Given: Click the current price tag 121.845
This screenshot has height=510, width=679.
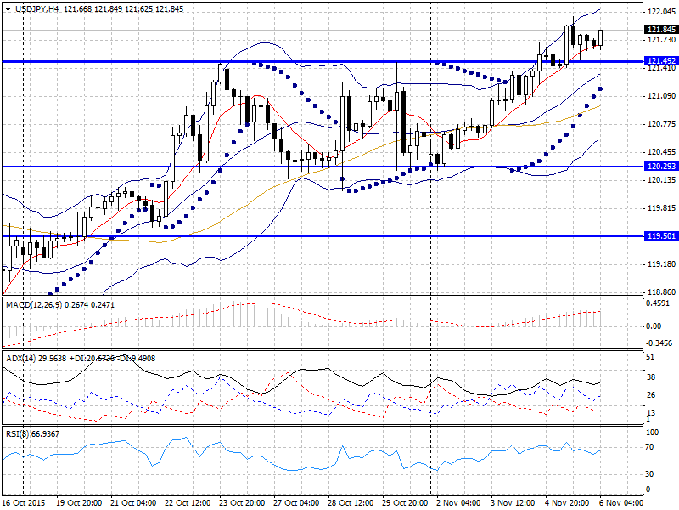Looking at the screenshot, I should (x=660, y=28).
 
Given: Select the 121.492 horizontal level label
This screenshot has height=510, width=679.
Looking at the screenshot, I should (x=660, y=61).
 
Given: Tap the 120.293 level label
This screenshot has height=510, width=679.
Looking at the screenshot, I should (x=660, y=167).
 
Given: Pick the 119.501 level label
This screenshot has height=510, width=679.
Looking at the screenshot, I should (x=660, y=236).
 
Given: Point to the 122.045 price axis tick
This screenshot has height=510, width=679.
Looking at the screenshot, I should (x=660, y=12).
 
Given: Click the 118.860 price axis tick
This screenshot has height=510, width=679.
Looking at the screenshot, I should (x=660, y=291).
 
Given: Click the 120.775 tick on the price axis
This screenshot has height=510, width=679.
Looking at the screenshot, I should (x=660, y=124).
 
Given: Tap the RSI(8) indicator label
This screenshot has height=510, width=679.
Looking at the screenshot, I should (x=17, y=434).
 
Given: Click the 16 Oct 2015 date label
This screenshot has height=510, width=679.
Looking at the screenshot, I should (x=23, y=502).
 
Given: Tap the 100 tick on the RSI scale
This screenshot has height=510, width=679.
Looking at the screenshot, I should (x=653, y=433).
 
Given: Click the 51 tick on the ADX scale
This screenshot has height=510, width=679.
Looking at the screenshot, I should (x=650, y=357).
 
